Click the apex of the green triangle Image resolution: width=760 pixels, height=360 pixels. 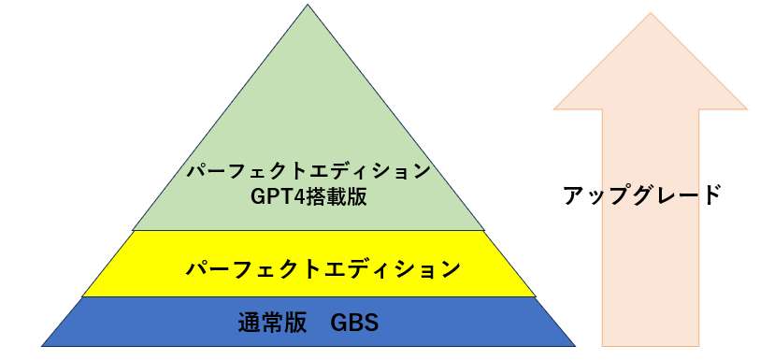tap(308, 7)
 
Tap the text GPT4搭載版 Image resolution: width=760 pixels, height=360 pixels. tap(308, 196)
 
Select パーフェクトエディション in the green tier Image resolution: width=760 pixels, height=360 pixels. tap(308, 172)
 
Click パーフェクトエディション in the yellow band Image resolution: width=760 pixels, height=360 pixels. tap(323, 270)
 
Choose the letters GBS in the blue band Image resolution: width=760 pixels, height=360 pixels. tap(354, 324)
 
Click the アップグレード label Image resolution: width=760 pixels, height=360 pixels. tap(642, 195)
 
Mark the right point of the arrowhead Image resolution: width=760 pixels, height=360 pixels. tap(747, 108)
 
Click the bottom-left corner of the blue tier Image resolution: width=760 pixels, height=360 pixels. tap(43, 345)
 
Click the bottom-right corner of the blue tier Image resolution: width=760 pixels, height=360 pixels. tap(574, 345)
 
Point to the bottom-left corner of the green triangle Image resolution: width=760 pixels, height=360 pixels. tap(134, 229)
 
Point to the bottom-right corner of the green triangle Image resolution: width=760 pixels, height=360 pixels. tap(485, 229)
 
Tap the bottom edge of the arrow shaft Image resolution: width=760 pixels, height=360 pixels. tap(651, 345)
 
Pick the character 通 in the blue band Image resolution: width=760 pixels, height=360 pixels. tap(249, 324)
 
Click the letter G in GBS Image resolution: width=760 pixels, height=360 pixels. tap(337, 324)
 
